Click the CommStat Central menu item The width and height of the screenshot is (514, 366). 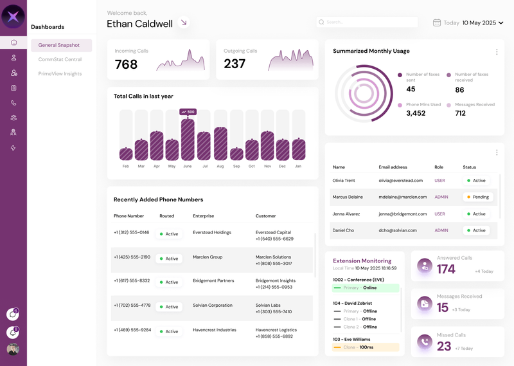[x=60, y=59]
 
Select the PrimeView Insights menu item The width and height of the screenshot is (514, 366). [x=60, y=73]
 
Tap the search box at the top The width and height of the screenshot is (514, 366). [x=367, y=23]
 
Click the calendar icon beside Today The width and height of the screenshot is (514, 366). [x=437, y=23]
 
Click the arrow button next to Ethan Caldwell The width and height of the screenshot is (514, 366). [x=184, y=23]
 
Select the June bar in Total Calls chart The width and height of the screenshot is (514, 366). [x=188, y=139]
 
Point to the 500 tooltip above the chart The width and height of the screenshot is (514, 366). [x=188, y=112]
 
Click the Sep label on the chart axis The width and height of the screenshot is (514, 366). [x=236, y=166]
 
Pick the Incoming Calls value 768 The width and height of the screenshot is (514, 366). [x=126, y=64]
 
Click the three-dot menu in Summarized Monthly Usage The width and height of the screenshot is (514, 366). [x=497, y=52]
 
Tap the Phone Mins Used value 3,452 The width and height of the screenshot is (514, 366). [x=416, y=113]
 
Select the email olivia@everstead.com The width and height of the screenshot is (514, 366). [x=402, y=181]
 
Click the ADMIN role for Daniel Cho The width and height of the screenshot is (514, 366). [x=441, y=230]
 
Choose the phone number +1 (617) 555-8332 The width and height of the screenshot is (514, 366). [x=132, y=281]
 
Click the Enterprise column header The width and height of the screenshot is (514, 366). [x=204, y=216]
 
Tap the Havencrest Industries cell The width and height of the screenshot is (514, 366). [x=215, y=330]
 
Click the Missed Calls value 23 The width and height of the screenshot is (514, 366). [x=444, y=346]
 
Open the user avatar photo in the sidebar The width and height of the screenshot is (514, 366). [x=13, y=349]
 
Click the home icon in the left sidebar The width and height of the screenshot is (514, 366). [x=13, y=42]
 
